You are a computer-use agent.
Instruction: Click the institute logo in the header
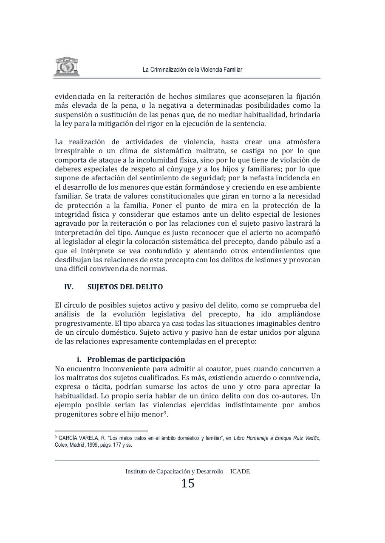tap(67, 67)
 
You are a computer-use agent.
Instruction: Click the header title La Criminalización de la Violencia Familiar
tap(192, 70)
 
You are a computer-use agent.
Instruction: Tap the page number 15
tap(188, 483)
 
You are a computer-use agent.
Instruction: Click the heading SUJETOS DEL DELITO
tap(125, 287)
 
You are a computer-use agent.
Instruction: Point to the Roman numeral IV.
tap(69, 287)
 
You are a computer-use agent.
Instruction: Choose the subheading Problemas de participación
tap(136, 359)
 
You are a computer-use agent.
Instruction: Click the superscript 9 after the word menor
tap(165, 412)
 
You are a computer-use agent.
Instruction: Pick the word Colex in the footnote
tap(61, 445)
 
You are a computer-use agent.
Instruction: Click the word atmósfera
tap(300, 142)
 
